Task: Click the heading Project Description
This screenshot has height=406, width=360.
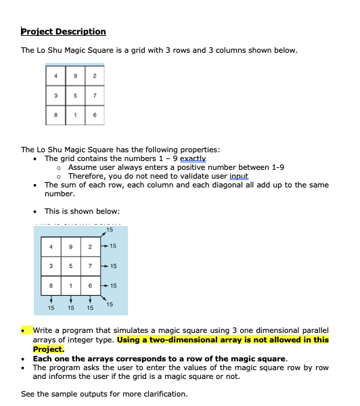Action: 64,32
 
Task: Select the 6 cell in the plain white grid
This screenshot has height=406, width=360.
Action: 95,116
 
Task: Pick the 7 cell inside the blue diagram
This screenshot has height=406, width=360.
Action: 90,267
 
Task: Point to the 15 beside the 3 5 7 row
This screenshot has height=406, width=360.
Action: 113,266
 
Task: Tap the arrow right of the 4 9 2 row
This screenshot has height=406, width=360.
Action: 104,247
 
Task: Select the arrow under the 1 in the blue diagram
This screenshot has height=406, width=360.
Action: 70,296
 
